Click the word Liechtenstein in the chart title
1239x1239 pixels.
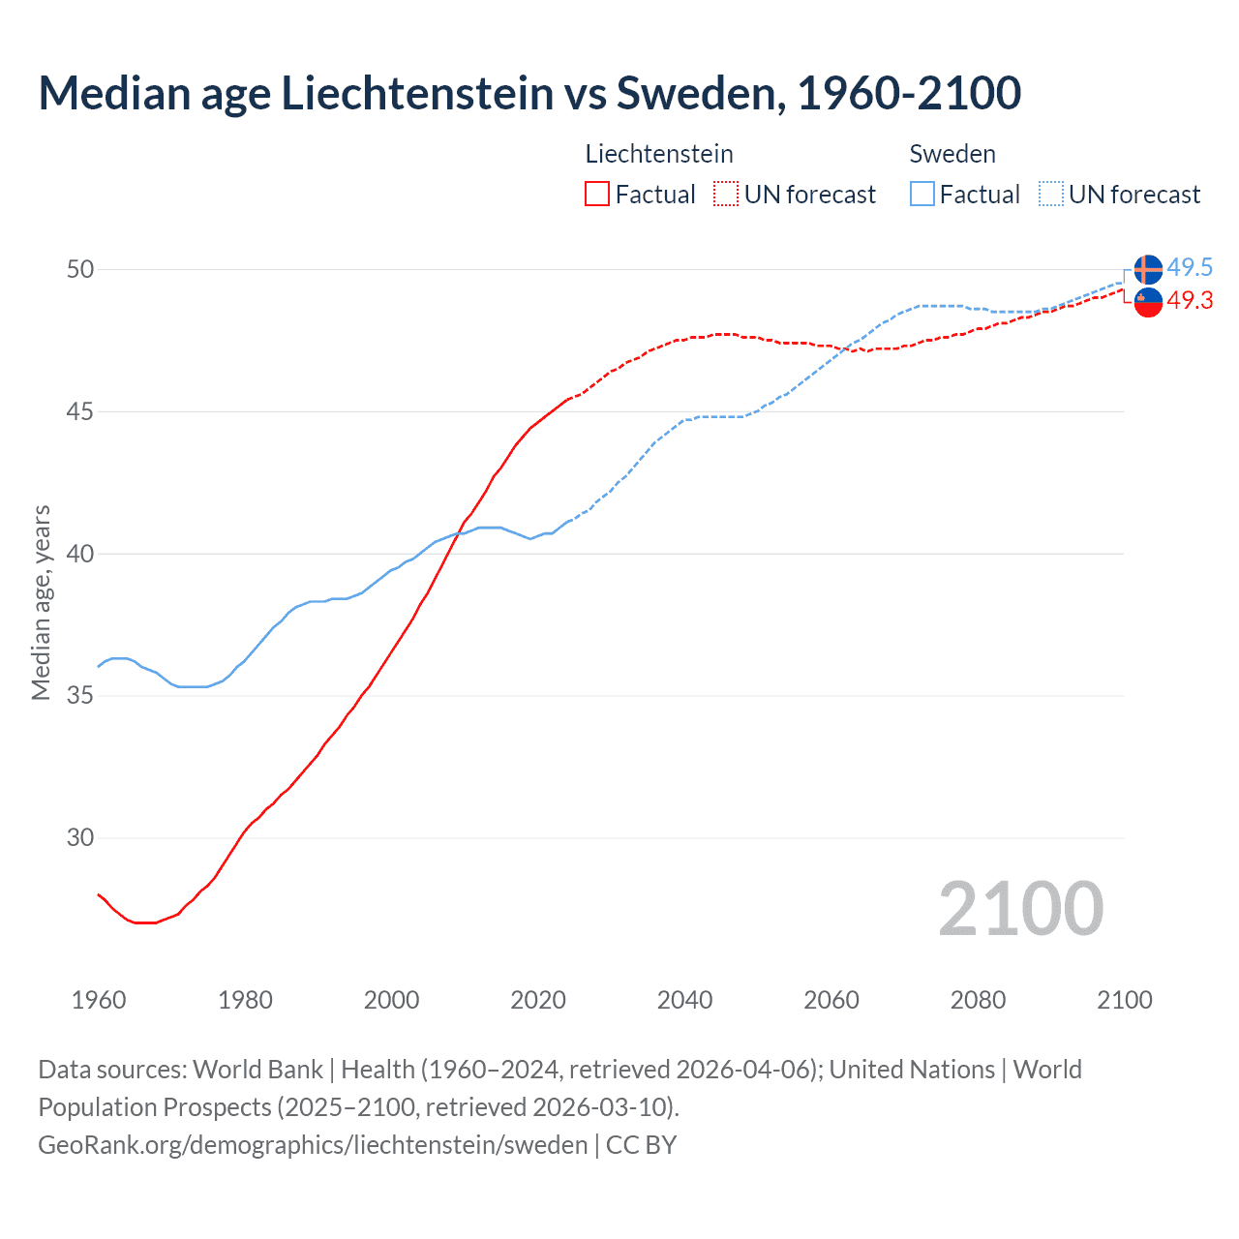click(417, 93)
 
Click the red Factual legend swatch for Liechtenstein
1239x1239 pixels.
click(597, 195)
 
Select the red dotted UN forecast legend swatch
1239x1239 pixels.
click(726, 195)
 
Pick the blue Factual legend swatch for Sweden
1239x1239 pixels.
click(922, 195)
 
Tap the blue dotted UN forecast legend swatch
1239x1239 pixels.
click(1050, 195)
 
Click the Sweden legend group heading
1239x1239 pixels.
click(952, 154)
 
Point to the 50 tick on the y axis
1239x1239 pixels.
click(80, 269)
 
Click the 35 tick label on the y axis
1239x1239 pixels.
click(80, 696)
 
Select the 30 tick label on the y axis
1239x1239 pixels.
click(80, 838)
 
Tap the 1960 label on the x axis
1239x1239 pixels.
click(99, 1000)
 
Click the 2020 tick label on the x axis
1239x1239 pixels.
click(538, 1000)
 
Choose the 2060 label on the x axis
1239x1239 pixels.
click(831, 1000)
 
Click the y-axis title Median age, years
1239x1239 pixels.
click(41, 602)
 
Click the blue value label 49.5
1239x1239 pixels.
click(1190, 267)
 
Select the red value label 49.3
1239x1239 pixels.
click(1190, 301)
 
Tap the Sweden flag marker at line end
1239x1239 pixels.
click(1148, 269)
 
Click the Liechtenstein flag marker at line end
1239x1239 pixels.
click(1148, 302)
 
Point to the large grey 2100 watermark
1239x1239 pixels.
click(1020, 908)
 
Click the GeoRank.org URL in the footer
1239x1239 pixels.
click(313, 1145)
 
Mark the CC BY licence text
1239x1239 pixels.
click(641, 1145)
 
